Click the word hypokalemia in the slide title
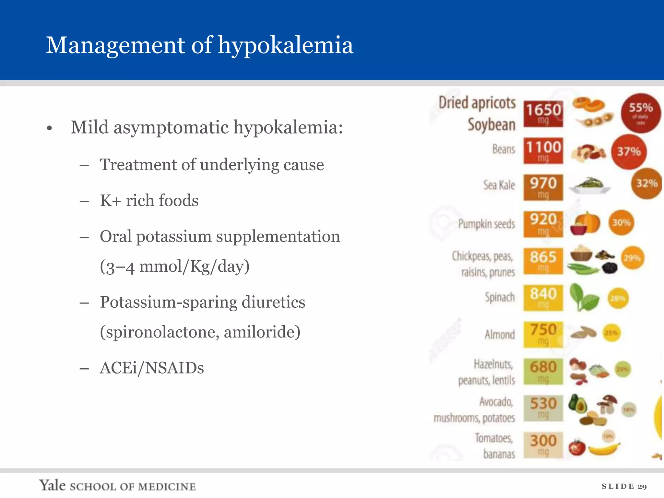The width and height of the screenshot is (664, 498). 285,45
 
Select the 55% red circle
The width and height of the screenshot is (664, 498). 641,113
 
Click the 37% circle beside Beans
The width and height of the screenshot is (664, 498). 629,151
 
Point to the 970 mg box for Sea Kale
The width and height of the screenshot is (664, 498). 543,187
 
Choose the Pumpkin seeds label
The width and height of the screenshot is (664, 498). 486,224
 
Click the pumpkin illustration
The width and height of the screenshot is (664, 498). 588,223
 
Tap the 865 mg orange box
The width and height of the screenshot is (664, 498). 543,260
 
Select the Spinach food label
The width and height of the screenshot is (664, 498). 500,297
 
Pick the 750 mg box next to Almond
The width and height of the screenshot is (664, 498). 543,334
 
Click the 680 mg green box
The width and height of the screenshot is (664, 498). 543,371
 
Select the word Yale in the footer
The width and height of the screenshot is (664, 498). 53,485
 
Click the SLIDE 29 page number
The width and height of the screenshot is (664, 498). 624,486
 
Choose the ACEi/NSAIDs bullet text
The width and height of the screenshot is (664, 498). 152,368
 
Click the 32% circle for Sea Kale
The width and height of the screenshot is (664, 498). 646,184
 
